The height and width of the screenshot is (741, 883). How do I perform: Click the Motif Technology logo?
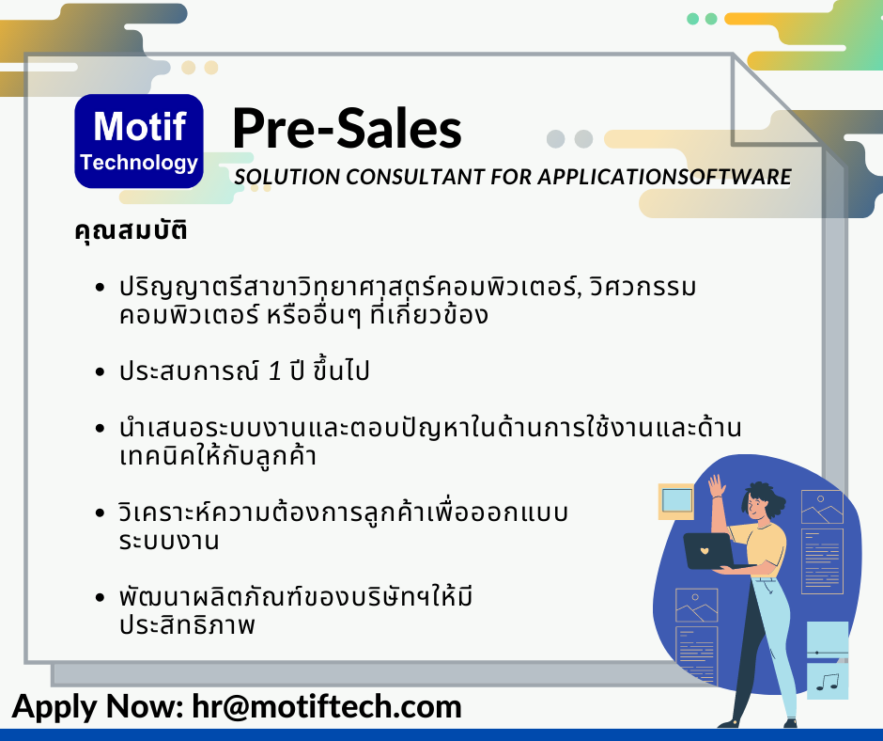tap(139, 141)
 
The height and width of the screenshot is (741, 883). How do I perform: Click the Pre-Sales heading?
tap(347, 129)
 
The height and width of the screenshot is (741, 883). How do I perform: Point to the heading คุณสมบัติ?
tap(131, 230)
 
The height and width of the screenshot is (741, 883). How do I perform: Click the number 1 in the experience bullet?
tap(275, 371)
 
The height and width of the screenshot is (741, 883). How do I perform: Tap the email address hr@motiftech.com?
tap(327, 706)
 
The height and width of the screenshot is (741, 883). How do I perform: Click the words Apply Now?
tap(97, 706)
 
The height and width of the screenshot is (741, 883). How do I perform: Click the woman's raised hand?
tap(716, 485)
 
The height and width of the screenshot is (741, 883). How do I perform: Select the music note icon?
tap(828, 682)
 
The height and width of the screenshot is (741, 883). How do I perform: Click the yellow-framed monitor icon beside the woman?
tap(676, 501)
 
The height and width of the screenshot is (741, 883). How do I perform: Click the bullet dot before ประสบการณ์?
tap(101, 371)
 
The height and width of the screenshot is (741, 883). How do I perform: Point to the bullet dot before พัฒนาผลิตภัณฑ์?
tap(101, 597)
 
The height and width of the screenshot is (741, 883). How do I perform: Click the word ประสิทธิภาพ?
tap(187, 624)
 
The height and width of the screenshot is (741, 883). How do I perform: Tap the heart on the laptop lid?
tap(704, 550)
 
